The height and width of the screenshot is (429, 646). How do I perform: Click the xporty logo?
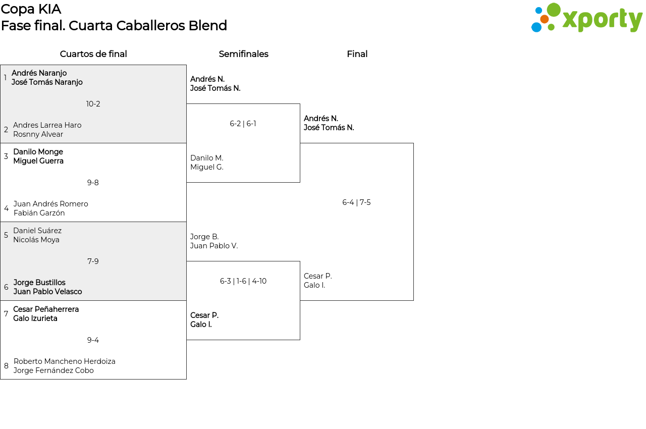(586, 18)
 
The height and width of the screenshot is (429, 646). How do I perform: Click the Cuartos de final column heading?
(93, 54)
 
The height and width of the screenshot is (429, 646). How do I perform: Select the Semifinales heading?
(243, 54)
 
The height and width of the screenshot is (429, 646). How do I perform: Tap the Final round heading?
(357, 54)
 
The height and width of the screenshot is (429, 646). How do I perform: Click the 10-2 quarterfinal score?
(93, 104)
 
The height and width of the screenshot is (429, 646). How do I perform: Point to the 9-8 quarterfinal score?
(93, 183)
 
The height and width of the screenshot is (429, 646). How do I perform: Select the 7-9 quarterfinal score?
(93, 261)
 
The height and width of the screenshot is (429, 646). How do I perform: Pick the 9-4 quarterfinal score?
(93, 340)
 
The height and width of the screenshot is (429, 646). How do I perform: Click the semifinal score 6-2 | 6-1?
(243, 124)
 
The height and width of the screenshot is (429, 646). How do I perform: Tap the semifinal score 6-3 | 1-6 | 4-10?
(243, 281)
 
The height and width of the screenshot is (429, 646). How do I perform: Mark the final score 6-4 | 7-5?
(356, 202)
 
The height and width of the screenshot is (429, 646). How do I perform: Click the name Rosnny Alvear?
(38, 134)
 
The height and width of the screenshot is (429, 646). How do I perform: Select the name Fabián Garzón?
(39, 213)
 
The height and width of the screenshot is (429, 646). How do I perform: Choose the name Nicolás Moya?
(36, 240)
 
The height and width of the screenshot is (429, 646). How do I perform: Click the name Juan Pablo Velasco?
(47, 292)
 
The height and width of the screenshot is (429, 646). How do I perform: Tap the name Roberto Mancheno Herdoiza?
(64, 361)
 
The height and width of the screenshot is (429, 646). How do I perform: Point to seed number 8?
(6, 366)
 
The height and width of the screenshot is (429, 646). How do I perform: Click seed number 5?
(6, 235)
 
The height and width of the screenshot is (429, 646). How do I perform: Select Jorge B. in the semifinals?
(204, 237)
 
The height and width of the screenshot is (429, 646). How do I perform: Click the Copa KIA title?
(31, 9)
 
